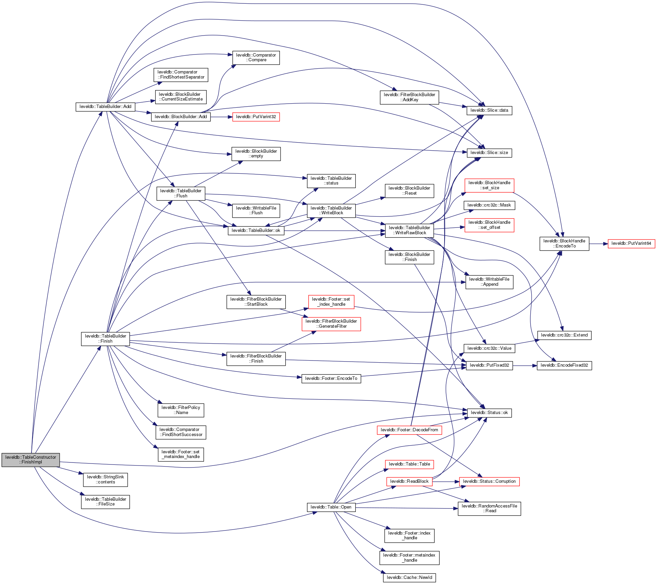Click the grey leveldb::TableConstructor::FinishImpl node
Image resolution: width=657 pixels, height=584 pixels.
[x=30, y=460]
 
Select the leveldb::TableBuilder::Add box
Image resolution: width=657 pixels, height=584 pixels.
[x=105, y=107]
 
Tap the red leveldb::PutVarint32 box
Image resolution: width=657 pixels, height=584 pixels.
[x=256, y=117]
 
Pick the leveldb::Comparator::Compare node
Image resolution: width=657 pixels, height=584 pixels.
[x=256, y=58]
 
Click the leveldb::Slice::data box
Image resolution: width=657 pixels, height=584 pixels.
[x=489, y=110]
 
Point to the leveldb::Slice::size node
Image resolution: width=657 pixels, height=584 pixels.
[x=489, y=153]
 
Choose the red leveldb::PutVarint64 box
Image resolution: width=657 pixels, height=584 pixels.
[x=631, y=243]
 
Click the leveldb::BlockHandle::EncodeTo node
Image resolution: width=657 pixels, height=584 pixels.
[x=564, y=243]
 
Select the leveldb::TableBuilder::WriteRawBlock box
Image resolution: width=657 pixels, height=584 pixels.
[x=409, y=230]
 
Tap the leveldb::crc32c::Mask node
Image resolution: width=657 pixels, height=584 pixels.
[x=489, y=205]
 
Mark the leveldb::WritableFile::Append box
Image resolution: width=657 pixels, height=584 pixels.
[x=489, y=282]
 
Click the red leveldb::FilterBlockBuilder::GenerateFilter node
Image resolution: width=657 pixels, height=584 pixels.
[x=331, y=324]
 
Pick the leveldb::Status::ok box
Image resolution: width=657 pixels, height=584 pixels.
[x=489, y=413]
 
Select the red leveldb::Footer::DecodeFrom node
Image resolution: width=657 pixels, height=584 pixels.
[x=409, y=430]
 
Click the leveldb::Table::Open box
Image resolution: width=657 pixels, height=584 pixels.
[x=331, y=507]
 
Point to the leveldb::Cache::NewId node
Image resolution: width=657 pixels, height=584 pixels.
[x=409, y=578]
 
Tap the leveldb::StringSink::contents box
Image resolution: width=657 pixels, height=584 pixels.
[x=105, y=479]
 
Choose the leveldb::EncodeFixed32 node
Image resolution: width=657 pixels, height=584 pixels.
[x=564, y=365]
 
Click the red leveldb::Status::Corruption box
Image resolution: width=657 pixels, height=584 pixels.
[x=489, y=481]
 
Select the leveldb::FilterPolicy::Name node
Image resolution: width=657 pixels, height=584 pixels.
[x=181, y=410]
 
